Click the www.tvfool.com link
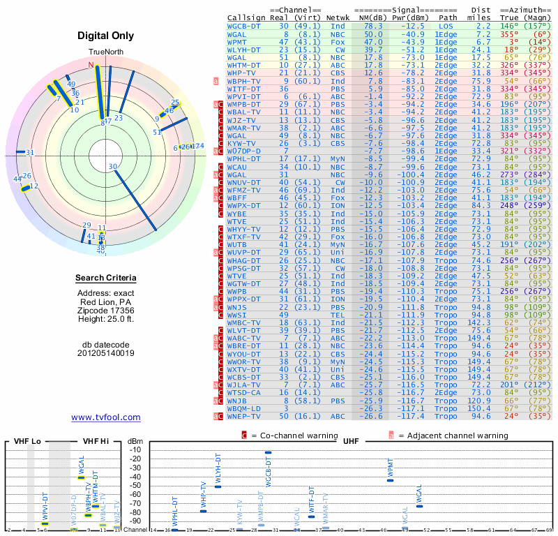pyautogui.click(x=106, y=417)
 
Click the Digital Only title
pyautogui.click(x=106, y=36)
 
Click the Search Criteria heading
pyautogui.click(x=106, y=278)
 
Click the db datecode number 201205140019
pyautogui.click(x=106, y=353)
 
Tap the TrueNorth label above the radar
pyautogui.click(x=106, y=53)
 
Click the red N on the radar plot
pyautogui.click(x=90, y=64)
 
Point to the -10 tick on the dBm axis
pyautogui.click(x=134, y=449)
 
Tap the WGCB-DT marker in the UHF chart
pyautogui.click(x=269, y=452)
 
